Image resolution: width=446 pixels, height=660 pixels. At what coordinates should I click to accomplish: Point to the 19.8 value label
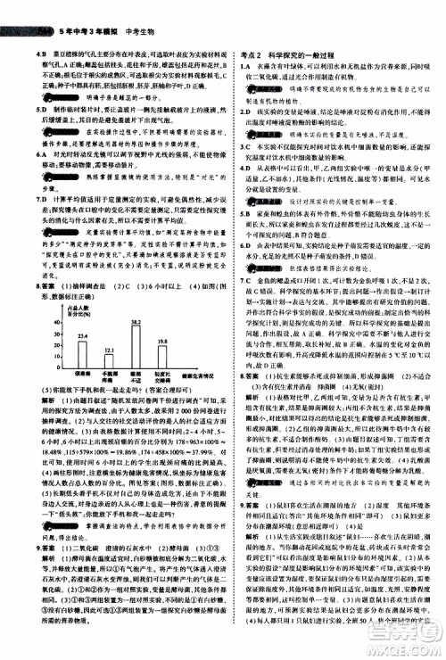(162, 342)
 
